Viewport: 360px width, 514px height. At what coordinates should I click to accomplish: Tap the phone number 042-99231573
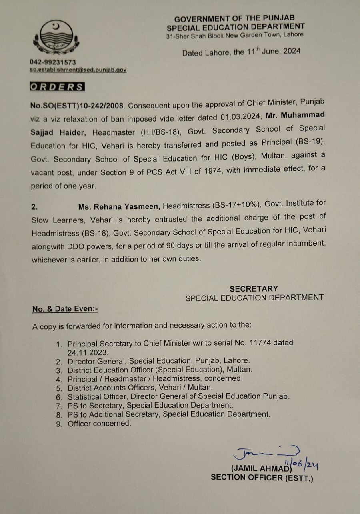[53, 62]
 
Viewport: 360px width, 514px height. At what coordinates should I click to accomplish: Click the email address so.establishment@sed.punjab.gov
[78, 70]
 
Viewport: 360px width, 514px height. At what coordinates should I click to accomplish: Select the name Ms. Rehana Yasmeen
[119, 206]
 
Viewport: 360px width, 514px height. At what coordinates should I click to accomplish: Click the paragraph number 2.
[34, 207]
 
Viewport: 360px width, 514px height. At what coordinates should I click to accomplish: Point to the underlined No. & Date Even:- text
[65, 309]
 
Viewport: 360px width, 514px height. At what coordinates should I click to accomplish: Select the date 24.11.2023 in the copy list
[88, 352]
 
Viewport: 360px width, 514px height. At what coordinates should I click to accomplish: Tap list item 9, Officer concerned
[99, 423]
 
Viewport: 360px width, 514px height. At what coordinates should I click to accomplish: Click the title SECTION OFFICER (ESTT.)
[262, 477]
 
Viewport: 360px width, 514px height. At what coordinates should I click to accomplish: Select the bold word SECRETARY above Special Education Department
[254, 289]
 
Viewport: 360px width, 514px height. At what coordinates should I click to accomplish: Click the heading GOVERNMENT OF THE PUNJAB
[235, 19]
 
